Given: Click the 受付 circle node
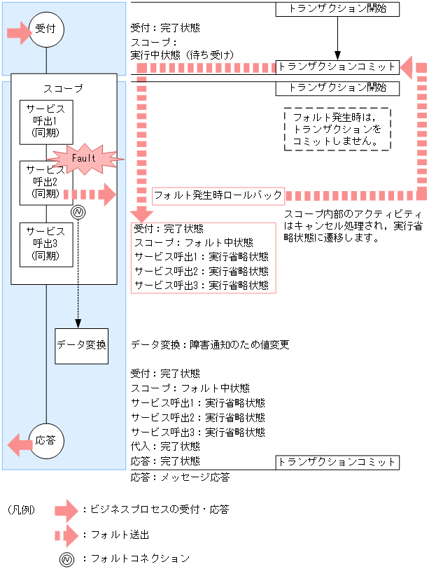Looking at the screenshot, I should coord(46,29).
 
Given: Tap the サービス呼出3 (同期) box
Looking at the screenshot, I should coord(46,245).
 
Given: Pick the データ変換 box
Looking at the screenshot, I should coord(82,344).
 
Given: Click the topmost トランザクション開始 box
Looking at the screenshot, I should coord(337,9).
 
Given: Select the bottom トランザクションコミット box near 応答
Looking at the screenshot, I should coord(337,462).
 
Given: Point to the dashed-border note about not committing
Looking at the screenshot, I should coord(337,129).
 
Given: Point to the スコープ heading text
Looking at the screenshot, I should coord(63,89).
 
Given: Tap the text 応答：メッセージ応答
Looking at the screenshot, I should coord(180,477).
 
